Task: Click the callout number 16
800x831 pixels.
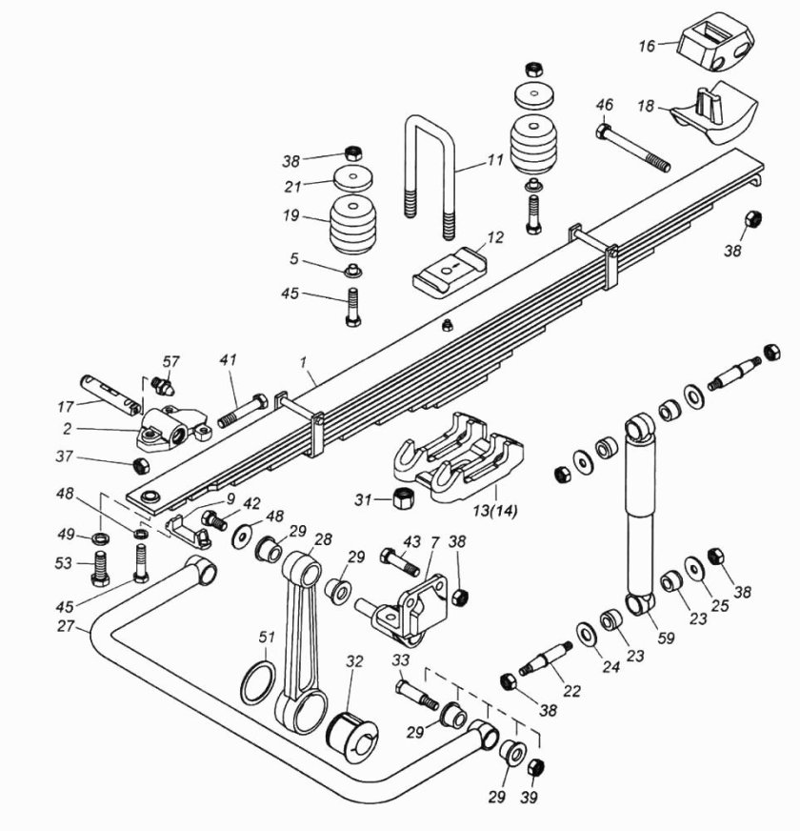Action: [648, 45]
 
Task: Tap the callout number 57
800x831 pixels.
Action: [170, 362]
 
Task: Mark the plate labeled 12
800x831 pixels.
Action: [449, 270]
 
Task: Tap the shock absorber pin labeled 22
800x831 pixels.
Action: [546, 659]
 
